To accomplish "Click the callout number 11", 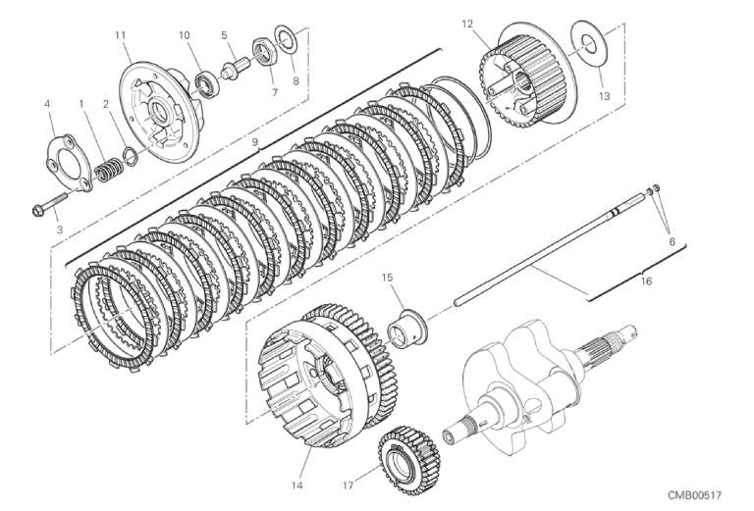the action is (x=120, y=35).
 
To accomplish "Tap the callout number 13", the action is (x=604, y=96).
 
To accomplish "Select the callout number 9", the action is (x=255, y=141).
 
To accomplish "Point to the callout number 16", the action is (x=646, y=281).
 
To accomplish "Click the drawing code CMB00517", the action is (x=694, y=495).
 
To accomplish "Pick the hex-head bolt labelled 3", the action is (x=50, y=203).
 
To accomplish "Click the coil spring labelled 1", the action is (x=108, y=170).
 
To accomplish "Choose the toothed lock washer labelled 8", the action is (x=287, y=42).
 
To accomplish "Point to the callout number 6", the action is (x=673, y=242).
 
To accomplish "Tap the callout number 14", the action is (x=296, y=485).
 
